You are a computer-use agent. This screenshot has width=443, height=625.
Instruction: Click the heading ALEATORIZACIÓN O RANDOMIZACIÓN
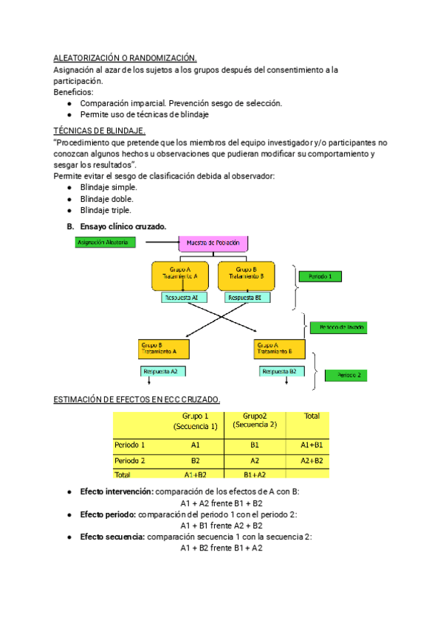point(126,58)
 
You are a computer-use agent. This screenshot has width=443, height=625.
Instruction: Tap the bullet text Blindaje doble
point(108,199)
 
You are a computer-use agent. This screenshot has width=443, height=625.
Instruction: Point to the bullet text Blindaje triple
point(108,210)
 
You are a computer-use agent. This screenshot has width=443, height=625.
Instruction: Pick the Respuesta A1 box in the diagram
point(185,298)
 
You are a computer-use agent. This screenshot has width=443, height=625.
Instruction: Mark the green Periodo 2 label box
point(346,375)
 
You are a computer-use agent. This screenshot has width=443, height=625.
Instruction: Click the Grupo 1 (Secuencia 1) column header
point(195,422)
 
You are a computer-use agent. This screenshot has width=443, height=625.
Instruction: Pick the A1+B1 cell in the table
point(310,445)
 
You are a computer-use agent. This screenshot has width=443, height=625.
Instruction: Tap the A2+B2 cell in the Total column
point(310,461)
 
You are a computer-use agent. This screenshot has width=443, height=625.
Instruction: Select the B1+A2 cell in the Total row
point(254,475)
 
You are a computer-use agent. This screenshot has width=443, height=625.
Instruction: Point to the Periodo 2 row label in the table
point(130,461)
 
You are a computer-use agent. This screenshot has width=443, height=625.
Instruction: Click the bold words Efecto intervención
point(117,492)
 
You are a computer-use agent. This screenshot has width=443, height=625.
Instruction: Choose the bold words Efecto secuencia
point(113,537)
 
